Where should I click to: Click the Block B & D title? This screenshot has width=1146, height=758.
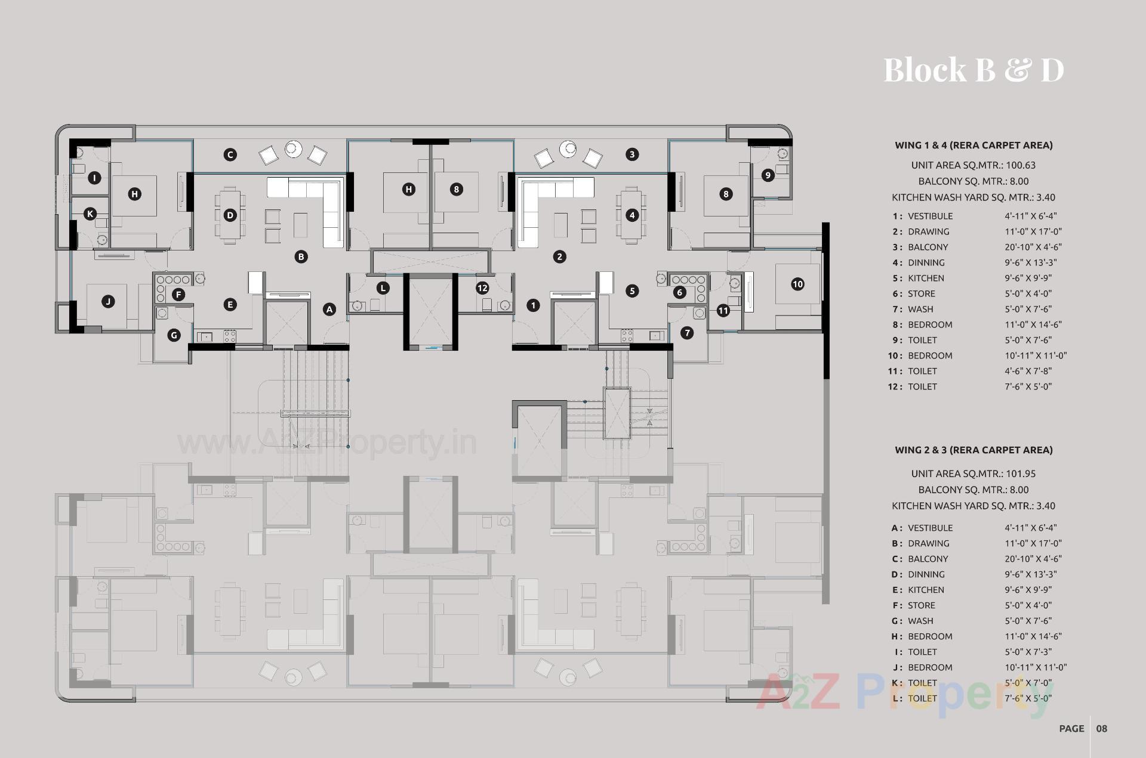(x=974, y=70)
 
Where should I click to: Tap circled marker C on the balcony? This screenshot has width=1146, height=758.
(x=230, y=154)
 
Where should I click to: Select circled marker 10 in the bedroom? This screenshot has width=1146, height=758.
(x=797, y=284)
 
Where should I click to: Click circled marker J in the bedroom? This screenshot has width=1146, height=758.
(x=108, y=302)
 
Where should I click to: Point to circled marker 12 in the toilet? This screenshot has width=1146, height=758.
(x=482, y=288)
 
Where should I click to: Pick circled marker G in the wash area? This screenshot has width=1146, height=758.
(x=174, y=335)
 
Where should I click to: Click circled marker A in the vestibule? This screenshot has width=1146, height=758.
(x=329, y=309)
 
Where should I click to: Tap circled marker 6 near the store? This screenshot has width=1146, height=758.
(x=679, y=292)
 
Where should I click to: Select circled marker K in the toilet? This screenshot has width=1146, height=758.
(x=90, y=214)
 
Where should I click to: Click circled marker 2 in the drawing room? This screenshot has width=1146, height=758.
(x=559, y=256)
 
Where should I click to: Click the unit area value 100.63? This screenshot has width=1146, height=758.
(x=1021, y=165)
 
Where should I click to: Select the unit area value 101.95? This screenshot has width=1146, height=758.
(x=1021, y=474)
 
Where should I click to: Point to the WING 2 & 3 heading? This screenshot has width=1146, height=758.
(x=974, y=450)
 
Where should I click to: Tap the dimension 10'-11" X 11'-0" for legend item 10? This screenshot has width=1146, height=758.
(x=1036, y=355)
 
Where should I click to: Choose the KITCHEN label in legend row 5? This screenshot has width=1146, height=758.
(x=926, y=278)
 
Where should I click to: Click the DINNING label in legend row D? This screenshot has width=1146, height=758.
(x=926, y=574)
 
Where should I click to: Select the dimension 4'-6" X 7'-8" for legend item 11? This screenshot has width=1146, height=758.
(x=1028, y=371)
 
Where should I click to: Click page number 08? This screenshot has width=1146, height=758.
(x=1101, y=728)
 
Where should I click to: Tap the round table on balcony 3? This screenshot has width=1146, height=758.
(x=568, y=148)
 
